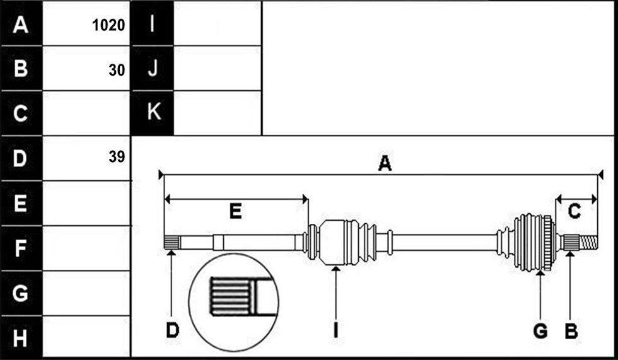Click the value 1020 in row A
pyautogui.click(x=108, y=25)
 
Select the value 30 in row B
pyautogui.click(x=117, y=70)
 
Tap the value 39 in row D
pyautogui.click(x=117, y=157)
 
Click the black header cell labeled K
pyautogui.click(x=153, y=113)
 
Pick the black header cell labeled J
pyautogui.click(x=153, y=68)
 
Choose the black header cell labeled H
pyautogui.click(x=21, y=337)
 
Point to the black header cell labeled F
pyautogui.click(x=21, y=248)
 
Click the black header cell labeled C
pyautogui.click(x=21, y=113)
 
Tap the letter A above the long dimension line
pyautogui.click(x=385, y=163)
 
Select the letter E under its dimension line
pyautogui.click(x=235, y=211)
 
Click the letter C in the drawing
pyautogui.click(x=574, y=211)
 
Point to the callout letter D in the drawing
pyautogui.click(x=173, y=330)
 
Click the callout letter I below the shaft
pyautogui.click(x=335, y=330)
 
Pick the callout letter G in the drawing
pyautogui.click(x=540, y=330)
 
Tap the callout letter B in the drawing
pyautogui.click(x=571, y=330)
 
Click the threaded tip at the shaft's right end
pyautogui.click(x=588, y=243)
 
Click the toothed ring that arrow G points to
pyautogui.click(x=547, y=243)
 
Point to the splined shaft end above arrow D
pyautogui.click(x=172, y=242)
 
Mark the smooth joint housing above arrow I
pyautogui.click(x=332, y=243)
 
